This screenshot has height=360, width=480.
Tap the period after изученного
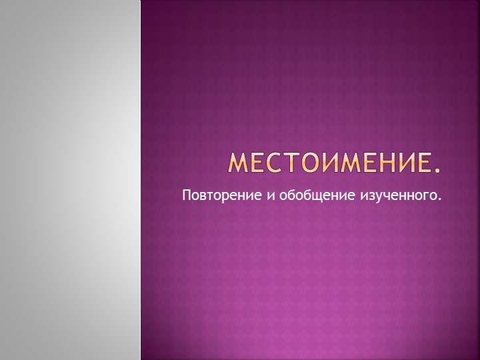(441, 200)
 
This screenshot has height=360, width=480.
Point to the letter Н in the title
(385, 162)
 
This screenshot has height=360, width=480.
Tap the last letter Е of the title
(423, 162)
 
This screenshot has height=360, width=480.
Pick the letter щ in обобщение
(294, 197)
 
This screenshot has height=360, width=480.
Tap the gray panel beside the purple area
(70, 180)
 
